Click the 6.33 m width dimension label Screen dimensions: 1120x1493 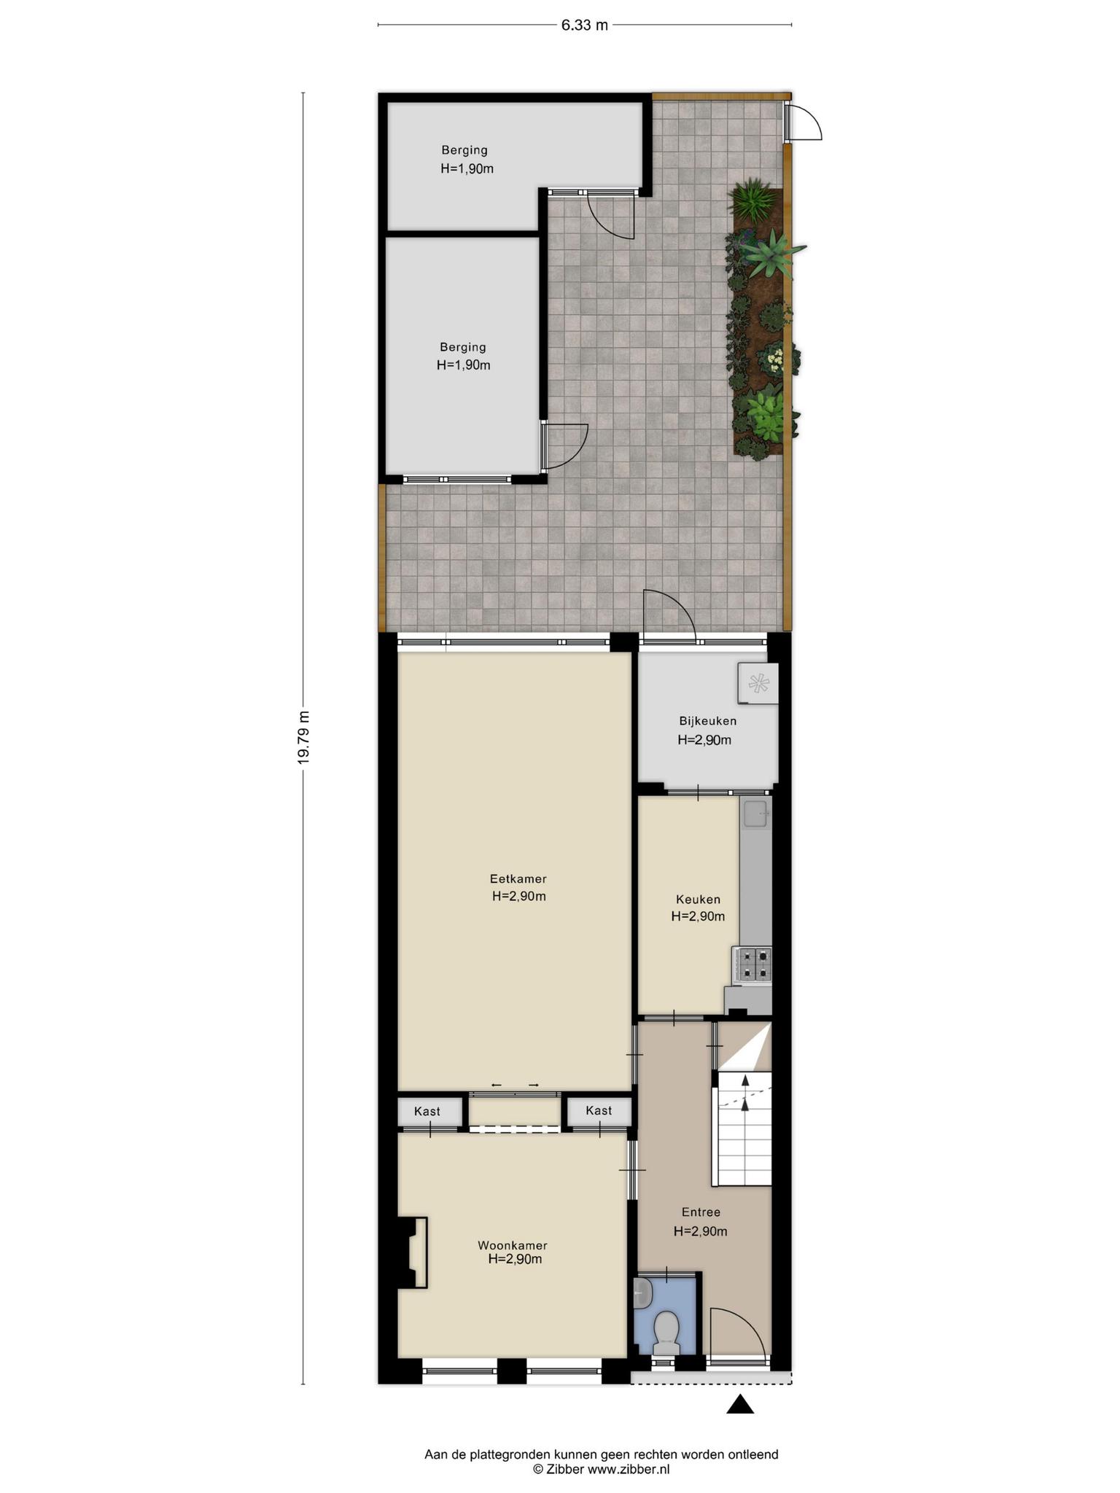tap(584, 25)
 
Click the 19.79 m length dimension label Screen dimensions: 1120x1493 tap(303, 737)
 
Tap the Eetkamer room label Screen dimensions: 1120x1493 tap(518, 878)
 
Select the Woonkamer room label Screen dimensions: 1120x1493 tap(513, 1245)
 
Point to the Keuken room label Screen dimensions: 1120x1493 tap(698, 900)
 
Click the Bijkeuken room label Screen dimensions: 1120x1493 tap(707, 721)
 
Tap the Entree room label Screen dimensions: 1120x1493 tap(701, 1212)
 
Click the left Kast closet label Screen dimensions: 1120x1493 tap(427, 1111)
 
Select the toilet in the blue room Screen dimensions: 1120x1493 tap(666, 1333)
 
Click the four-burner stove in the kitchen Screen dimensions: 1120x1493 tap(752, 963)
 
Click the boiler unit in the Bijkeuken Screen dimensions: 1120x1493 tap(758, 683)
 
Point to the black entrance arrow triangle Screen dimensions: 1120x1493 tap(740, 1404)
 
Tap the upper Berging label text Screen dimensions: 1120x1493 tap(464, 150)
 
